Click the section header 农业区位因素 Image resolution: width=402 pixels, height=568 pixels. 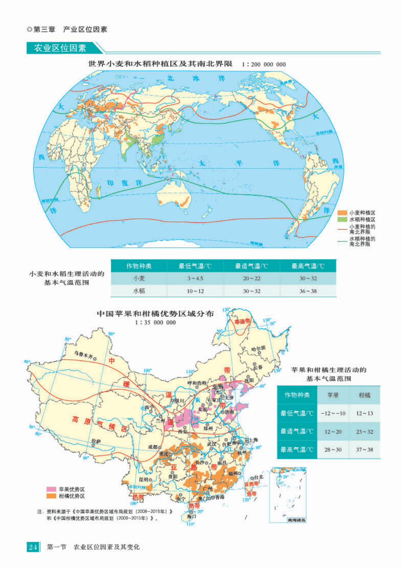click(60, 48)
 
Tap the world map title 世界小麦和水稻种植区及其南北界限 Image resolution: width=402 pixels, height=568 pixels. click(160, 64)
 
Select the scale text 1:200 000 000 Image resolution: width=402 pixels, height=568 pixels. click(264, 64)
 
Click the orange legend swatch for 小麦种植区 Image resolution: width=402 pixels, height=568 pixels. click(342, 213)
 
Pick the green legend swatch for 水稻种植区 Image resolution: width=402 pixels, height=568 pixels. click(342, 219)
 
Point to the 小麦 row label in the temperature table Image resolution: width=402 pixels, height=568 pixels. click(139, 278)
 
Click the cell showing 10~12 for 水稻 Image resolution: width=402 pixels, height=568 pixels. click(195, 291)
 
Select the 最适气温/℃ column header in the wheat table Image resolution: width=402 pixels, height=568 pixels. click(252, 266)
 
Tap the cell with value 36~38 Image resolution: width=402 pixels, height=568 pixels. click(308, 291)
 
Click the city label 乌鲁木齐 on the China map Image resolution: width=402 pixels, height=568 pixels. click(84, 355)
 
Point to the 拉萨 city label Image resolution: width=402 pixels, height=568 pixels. click(96, 441)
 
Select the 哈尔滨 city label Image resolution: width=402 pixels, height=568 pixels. click(258, 349)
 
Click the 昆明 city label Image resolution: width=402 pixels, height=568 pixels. click(144, 479)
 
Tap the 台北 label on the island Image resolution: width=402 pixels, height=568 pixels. click(259, 477)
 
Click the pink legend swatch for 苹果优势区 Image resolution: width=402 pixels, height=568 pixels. click(51, 489)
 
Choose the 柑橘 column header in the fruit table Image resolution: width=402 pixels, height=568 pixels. click(364, 395)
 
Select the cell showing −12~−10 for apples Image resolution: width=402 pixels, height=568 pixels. click(333, 413)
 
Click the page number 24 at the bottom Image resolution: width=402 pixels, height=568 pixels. click(33, 547)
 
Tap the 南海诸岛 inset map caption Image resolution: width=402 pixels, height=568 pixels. click(297, 520)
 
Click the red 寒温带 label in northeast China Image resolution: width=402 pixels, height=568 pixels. click(242, 321)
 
